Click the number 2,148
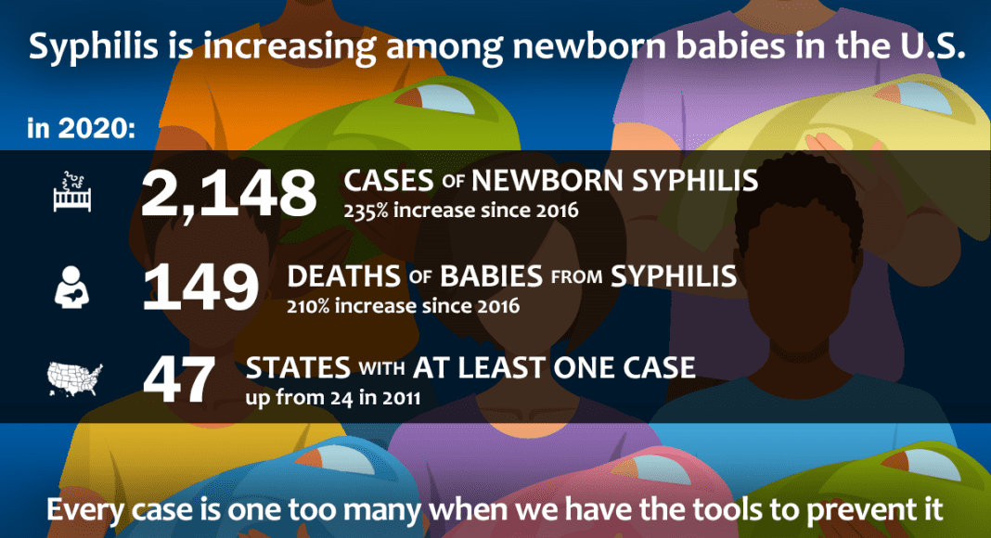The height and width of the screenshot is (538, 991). pos(228,194)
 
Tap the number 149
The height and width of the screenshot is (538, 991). pos(200,288)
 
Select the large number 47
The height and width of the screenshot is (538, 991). pos(179,380)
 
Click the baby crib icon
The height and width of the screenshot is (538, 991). pos(72,192)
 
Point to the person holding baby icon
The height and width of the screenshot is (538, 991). pos(71,288)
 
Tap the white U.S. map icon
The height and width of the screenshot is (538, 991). pos(74,379)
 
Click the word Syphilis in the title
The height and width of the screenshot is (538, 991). pos(94,46)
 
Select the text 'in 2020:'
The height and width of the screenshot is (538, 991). pos(81,128)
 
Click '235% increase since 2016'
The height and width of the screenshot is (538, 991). pos(461,211)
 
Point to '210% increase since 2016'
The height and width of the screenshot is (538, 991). pos(404,306)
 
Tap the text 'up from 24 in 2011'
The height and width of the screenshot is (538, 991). pos(333,398)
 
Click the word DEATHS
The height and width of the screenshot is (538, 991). pos(344,276)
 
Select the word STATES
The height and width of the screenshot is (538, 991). pos(298,368)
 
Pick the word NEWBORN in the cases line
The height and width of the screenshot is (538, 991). pos(548,181)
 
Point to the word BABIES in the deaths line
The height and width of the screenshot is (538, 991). pos(491,276)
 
